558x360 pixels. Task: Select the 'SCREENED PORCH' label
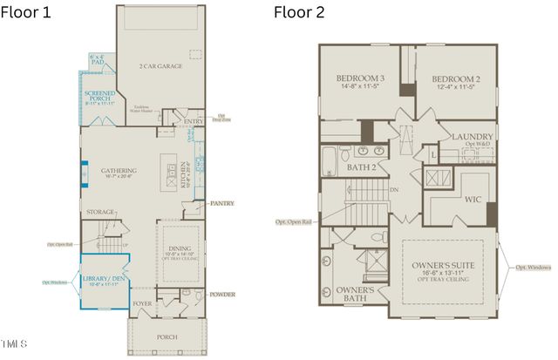coord(99,97)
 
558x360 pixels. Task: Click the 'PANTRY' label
coord(222,203)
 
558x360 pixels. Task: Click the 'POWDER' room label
coord(222,295)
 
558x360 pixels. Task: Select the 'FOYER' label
coord(143,304)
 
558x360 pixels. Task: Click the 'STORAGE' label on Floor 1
coord(100,212)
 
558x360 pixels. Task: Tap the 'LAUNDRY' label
coord(472,137)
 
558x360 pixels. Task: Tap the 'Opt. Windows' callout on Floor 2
coord(534,267)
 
